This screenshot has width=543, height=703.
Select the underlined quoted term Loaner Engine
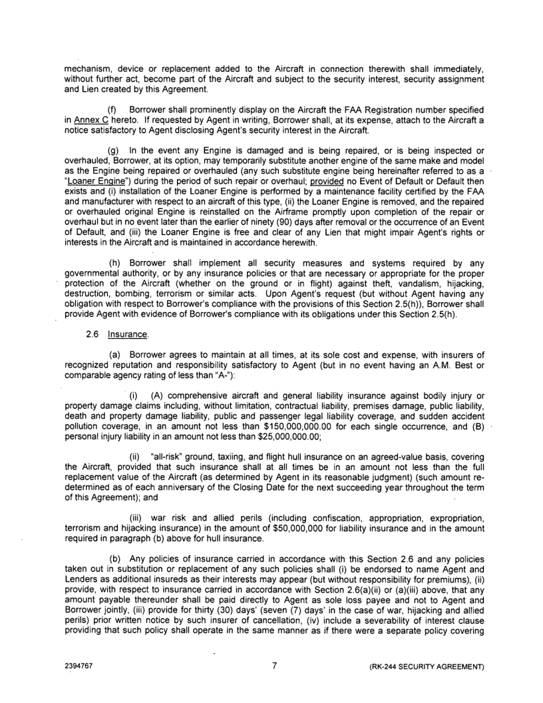point(94,183)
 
